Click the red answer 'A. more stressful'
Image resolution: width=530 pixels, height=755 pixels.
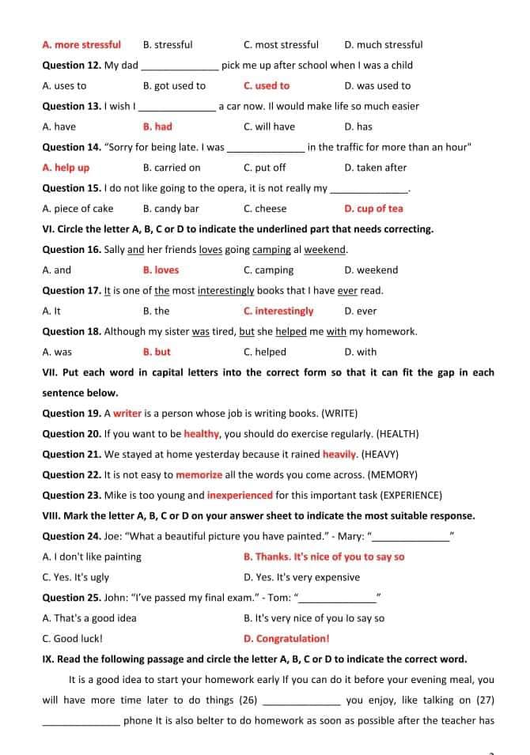[x=81, y=45]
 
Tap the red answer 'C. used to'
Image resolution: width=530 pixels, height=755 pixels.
[x=267, y=86]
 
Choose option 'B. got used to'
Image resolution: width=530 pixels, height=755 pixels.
[x=174, y=86]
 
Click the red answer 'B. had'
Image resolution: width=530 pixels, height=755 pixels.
[x=157, y=126]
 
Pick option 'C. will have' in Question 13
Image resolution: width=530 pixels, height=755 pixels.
[x=269, y=126]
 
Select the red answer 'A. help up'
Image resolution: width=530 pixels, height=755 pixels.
[x=66, y=168]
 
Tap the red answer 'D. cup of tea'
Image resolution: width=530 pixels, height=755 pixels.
[x=373, y=209]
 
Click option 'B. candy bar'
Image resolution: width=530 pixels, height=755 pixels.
[x=171, y=209]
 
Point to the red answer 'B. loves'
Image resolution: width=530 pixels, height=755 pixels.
[x=161, y=270]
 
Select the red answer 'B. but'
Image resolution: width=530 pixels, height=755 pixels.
[x=157, y=353]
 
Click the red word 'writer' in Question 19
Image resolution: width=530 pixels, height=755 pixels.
[x=127, y=413]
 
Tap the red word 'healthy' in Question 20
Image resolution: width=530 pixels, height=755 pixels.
[x=202, y=434]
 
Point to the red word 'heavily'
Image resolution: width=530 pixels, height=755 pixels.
[x=340, y=455]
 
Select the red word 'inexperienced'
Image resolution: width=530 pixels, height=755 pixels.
[x=240, y=496]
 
